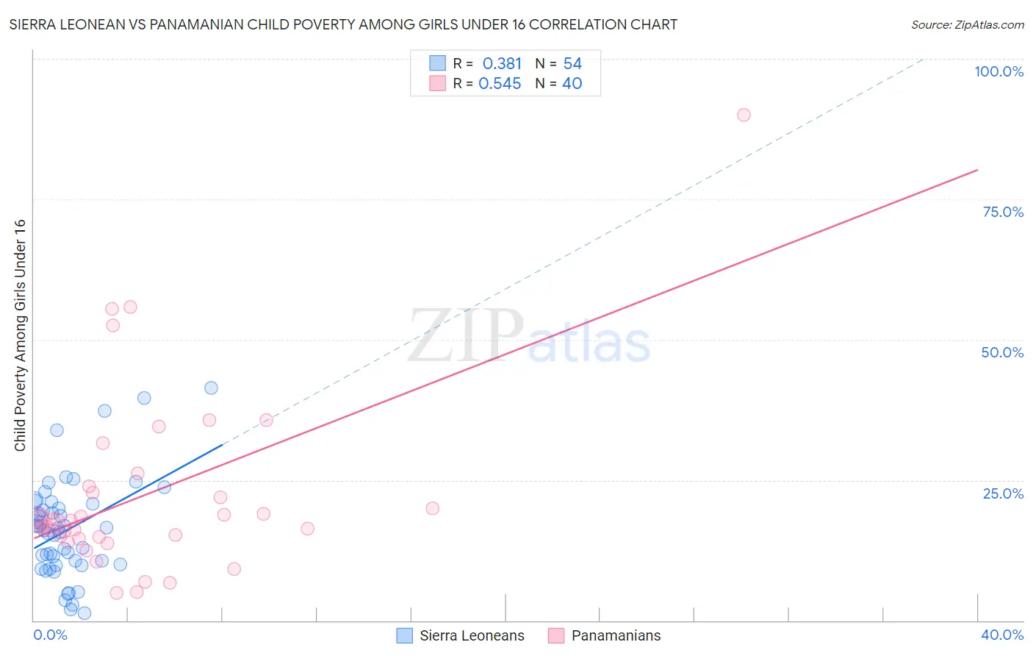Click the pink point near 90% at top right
pyautogui.click(x=744, y=115)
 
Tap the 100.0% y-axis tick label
pyautogui.click(x=998, y=71)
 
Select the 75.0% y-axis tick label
pyautogui.click(x=1003, y=212)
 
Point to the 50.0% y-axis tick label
pyautogui.click(x=1002, y=352)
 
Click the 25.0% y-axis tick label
pyautogui.click(x=1003, y=493)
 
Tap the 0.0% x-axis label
pyautogui.click(x=50, y=635)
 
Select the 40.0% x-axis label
pyautogui.click(x=1002, y=635)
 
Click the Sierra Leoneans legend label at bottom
pyautogui.click(x=472, y=635)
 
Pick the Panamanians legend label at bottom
pyautogui.click(x=616, y=635)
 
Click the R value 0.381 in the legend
pyautogui.click(x=502, y=64)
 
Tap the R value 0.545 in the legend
pyautogui.click(x=500, y=84)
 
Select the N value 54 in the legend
pyautogui.click(x=572, y=64)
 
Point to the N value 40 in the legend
pyautogui.click(x=572, y=84)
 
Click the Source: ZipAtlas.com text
pyautogui.click(x=967, y=24)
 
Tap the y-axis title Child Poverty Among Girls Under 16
pyautogui.click(x=20, y=335)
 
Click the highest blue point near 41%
pyautogui.click(x=211, y=388)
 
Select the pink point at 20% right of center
pyautogui.click(x=432, y=508)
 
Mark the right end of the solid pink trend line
pyautogui.click(x=977, y=170)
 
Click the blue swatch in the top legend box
pyautogui.click(x=437, y=63)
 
